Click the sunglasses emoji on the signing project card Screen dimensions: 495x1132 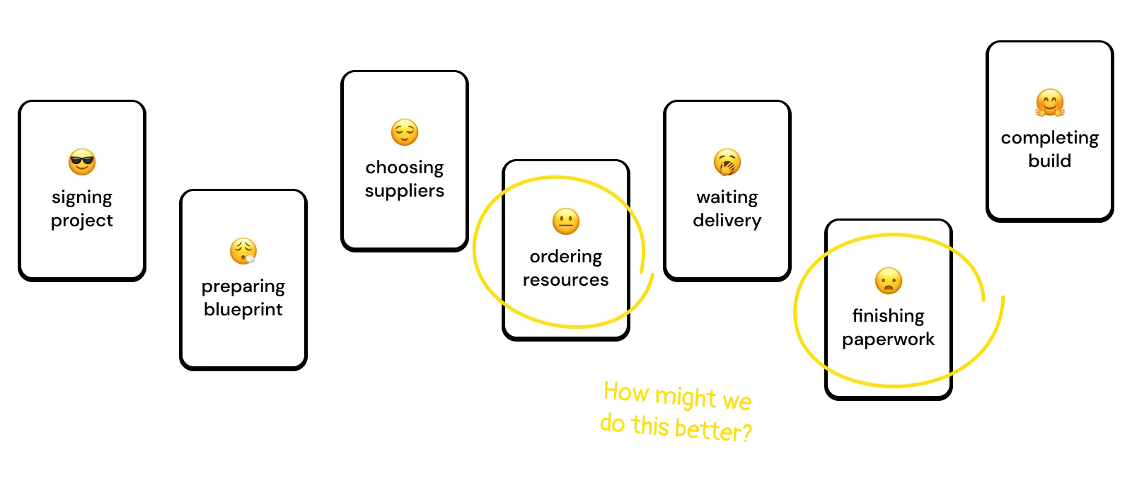click(82, 162)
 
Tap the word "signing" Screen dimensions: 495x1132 click(82, 197)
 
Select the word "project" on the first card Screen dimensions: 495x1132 click(82, 221)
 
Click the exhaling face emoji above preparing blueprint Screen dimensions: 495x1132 click(243, 251)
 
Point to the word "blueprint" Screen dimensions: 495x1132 click(243, 310)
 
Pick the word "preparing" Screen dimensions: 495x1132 click(243, 286)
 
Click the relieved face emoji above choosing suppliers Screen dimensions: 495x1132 click(405, 132)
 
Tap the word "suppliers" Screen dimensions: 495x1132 click(405, 191)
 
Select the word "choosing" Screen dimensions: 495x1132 click(405, 168)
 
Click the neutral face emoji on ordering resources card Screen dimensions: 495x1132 click(566, 221)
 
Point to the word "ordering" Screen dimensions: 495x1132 click(566, 257)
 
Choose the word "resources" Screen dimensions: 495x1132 click(566, 280)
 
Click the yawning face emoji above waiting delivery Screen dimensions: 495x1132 click(727, 162)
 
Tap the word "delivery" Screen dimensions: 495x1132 click(727, 221)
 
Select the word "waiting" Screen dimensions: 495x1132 click(727, 197)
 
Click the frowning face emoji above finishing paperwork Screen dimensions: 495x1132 click(889, 281)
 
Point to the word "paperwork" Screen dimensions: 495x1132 click(889, 339)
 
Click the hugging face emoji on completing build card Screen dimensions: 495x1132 click(1050, 103)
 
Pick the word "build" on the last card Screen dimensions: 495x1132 click(1050, 161)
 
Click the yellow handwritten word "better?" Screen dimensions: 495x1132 click(713, 429)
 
